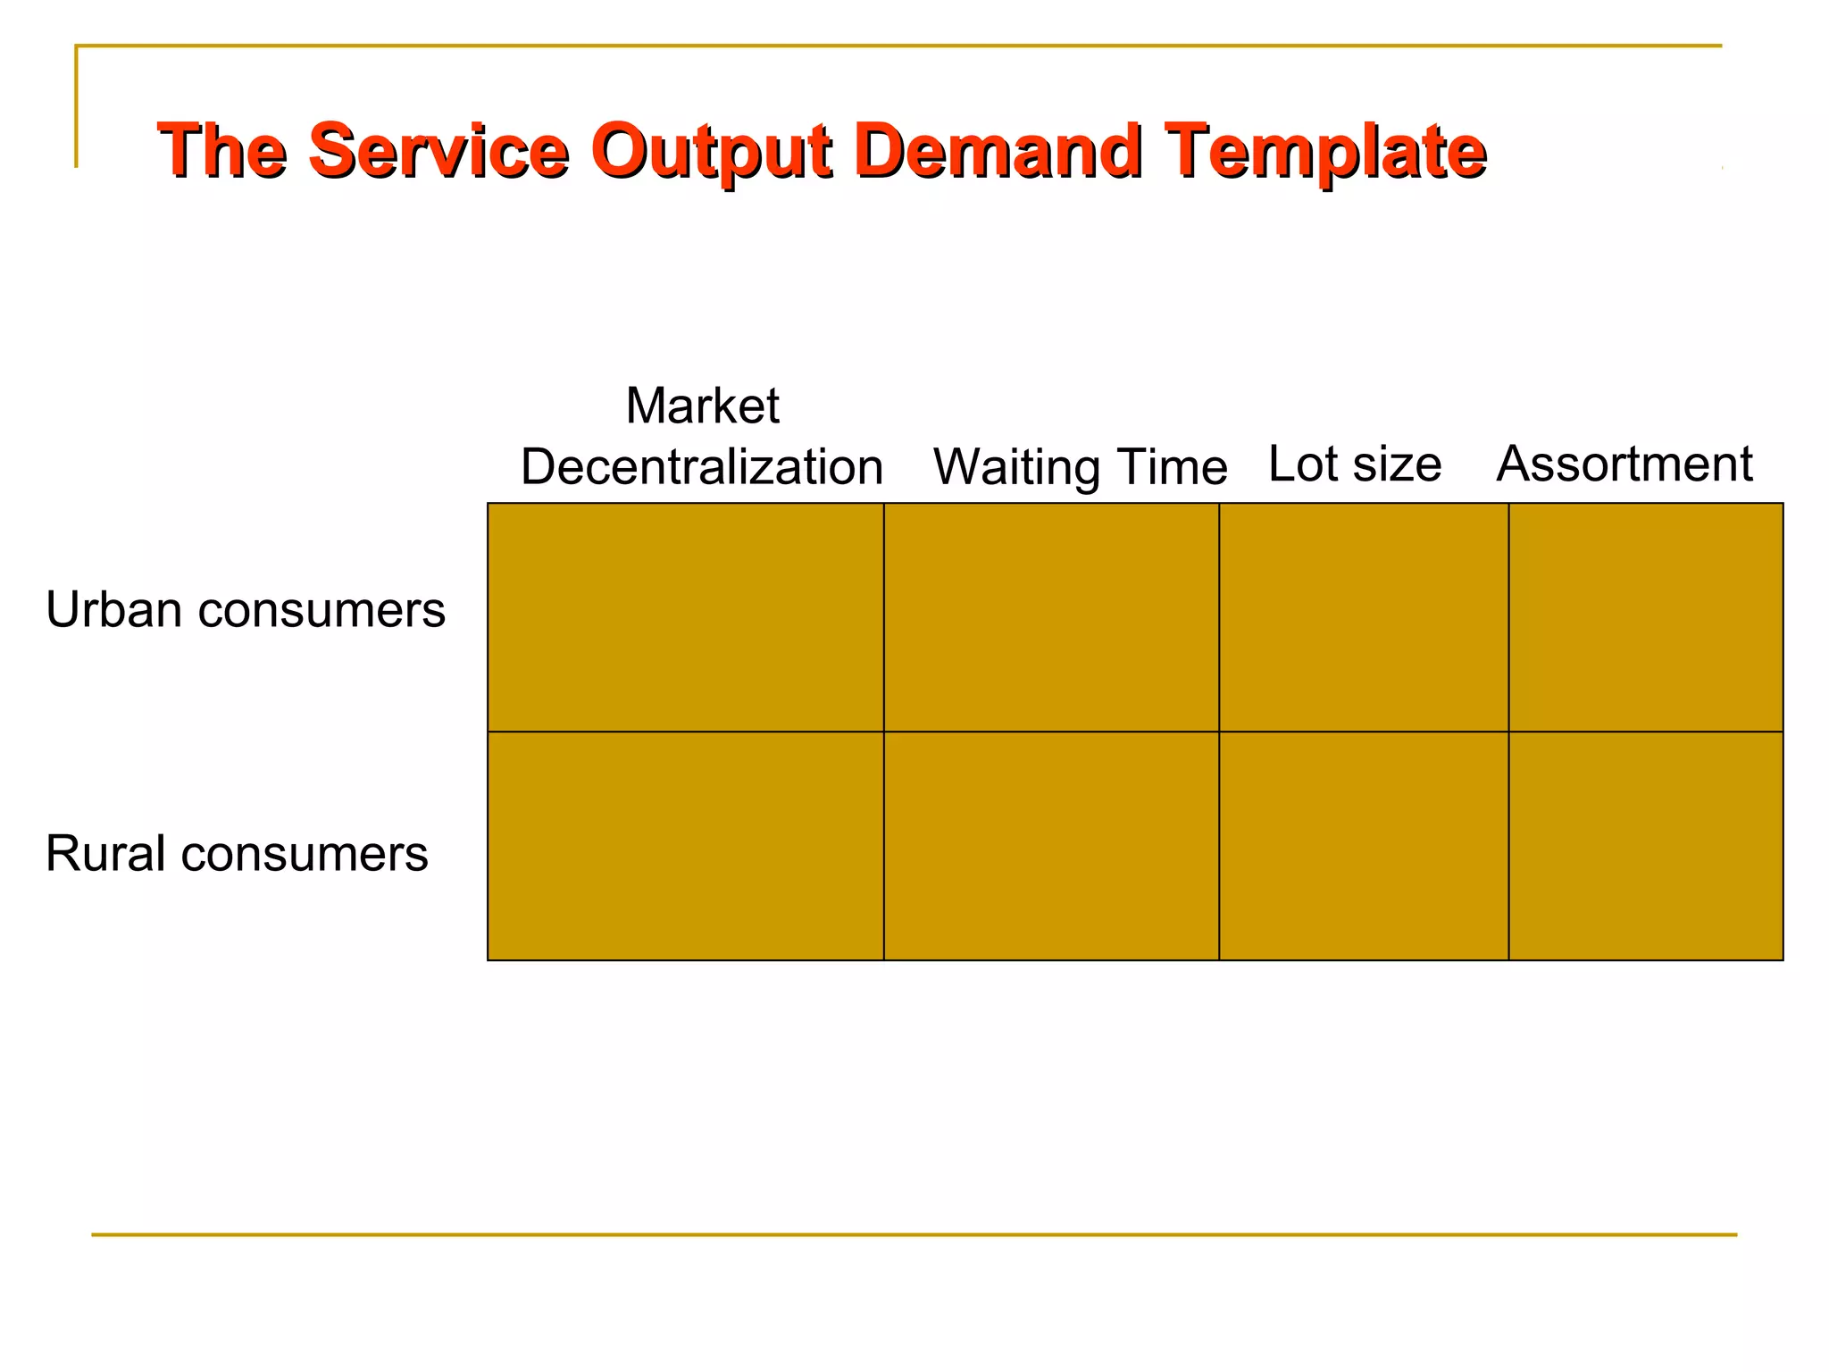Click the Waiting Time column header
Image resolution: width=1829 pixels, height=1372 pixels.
pos(1080,467)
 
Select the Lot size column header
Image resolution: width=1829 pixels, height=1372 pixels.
pos(1354,464)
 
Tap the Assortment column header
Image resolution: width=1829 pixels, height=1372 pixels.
pos(1624,464)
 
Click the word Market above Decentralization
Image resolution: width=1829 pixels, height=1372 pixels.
pos(702,406)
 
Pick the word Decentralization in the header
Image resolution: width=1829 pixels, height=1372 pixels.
pos(702,467)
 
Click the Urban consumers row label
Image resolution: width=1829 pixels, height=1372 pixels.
pos(246,610)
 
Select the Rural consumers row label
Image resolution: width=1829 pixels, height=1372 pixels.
pos(237,853)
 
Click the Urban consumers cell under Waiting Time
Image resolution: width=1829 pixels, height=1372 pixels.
pos(1051,617)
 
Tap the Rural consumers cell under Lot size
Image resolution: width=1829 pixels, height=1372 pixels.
pos(1364,846)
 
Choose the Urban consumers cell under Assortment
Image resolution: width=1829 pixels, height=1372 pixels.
pos(1646,617)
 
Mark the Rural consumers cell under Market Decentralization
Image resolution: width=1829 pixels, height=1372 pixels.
pos(685,846)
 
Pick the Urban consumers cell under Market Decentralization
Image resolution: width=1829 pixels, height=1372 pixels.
pos(685,617)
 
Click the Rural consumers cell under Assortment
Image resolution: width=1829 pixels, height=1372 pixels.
pos(1646,846)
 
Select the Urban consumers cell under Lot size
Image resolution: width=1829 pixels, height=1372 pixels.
pos(1364,617)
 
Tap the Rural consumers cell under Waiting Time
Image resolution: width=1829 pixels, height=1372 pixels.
pos(1051,846)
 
